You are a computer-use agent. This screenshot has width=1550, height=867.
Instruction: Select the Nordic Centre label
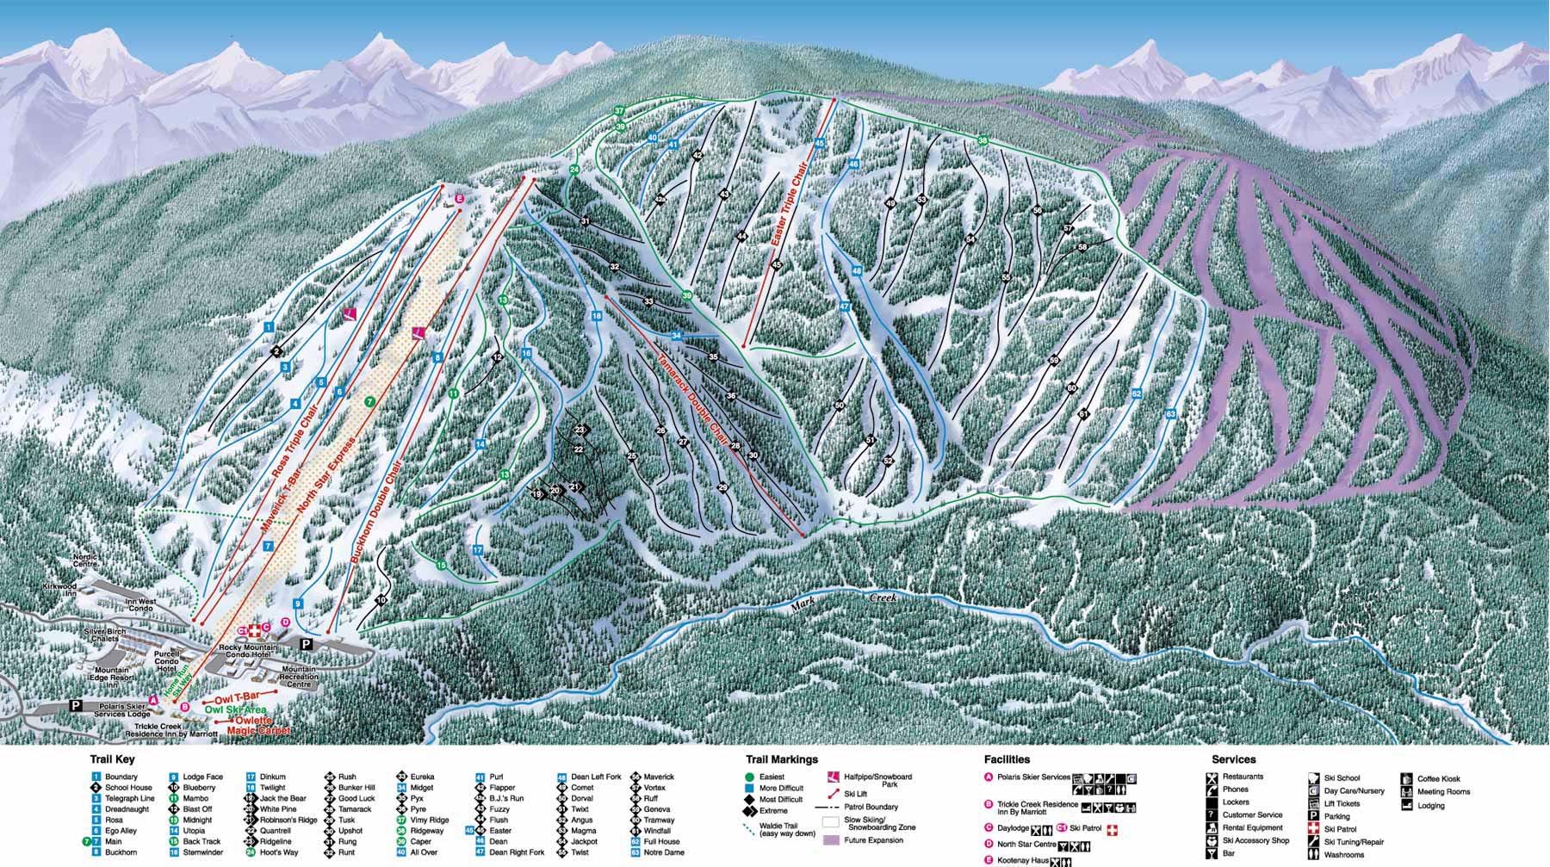tap(87, 560)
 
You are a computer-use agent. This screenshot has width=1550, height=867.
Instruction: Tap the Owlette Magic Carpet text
tap(257, 724)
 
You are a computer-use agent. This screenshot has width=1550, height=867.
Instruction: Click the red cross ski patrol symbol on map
tap(255, 631)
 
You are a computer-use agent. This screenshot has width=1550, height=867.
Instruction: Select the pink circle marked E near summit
tap(459, 199)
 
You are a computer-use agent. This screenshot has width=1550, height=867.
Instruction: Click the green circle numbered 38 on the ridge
tap(983, 140)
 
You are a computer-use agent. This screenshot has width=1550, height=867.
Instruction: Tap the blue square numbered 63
tap(1170, 414)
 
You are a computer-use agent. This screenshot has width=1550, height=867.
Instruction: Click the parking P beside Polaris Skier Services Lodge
tap(76, 705)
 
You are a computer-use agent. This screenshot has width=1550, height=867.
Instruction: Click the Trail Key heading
tap(112, 759)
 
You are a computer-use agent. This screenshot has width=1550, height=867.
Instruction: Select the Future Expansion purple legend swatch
tap(831, 839)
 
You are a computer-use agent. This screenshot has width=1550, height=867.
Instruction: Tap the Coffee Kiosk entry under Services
tap(1437, 778)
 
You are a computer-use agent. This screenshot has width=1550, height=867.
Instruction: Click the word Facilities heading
tap(1007, 759)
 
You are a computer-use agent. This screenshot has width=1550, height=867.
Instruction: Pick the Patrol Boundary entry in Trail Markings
tap(870, 807)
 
